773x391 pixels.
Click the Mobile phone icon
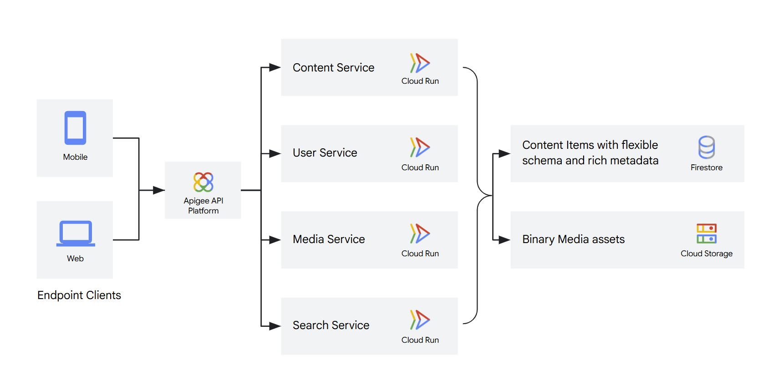(x=75, y=128)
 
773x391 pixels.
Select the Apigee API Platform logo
(x=203, y=182)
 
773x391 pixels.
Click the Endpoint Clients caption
(x=79, y=295)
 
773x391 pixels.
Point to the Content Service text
(x=333, y=68)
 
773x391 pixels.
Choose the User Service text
(x=325, y=153)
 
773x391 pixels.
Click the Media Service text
(x=329, y=239)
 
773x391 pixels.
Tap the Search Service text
(x=331, y=325)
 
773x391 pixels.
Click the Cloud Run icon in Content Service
(x=420, y=63)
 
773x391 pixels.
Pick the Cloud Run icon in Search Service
(x=420, y=320)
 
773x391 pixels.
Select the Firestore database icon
(x=706, y=147)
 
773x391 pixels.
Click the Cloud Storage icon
(x=706, y=234)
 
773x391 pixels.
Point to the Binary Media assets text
(x=573, y=239)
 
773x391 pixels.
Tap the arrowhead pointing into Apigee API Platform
(x=159, y=190)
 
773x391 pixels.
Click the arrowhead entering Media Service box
(x=275, y=240)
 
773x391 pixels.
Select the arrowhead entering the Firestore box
(x=504, y=154)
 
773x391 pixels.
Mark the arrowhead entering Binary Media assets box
(x=504, y=240)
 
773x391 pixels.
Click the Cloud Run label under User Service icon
(x=420, y=168)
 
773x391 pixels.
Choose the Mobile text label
(x=75, y=157)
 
